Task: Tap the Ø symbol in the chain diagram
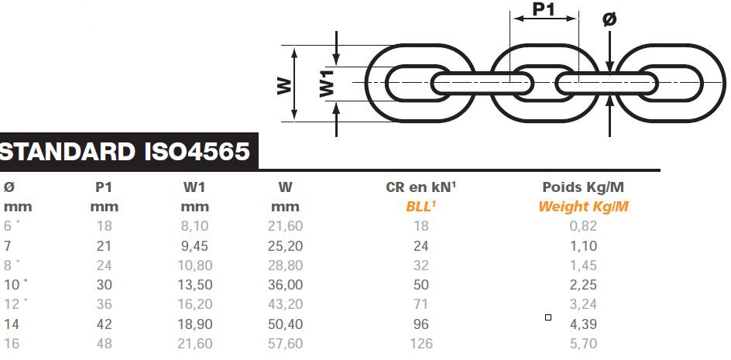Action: pos(609,19)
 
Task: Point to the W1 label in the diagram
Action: pos(328,83)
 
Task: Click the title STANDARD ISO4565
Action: pos(125,152)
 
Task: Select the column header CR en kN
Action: pos(420,187)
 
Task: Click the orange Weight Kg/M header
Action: pos(583,207)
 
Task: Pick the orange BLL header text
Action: pos(420,206)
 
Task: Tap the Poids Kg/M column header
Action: pos(583,187)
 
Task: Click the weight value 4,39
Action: pos(583,324)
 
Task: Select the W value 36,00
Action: pos(285,284)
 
